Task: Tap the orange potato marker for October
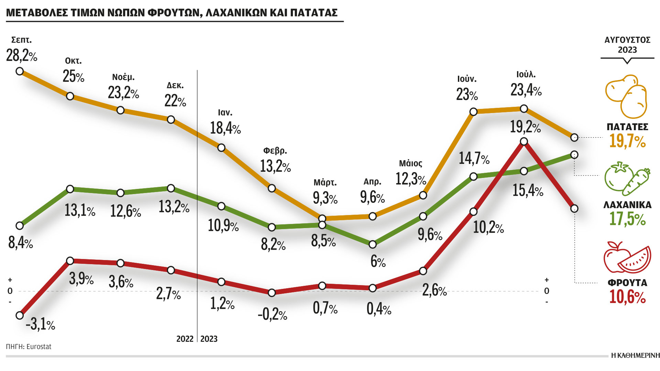(70, 96)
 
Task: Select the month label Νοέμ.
(123, 77)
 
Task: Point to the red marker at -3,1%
(20, 315)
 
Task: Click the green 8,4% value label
(20, 243)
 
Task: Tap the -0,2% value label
(272, 314)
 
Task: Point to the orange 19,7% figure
(627, 141)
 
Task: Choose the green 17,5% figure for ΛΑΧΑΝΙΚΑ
(627, 219)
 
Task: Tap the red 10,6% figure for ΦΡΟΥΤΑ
(627, 297)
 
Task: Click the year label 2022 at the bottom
(185, 339)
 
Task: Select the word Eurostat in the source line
(39, 347)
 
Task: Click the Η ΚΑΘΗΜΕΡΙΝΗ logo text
(635, 356)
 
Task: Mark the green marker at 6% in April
(373, 245)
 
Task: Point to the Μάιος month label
(410, 163)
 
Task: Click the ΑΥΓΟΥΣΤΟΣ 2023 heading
(627, 45)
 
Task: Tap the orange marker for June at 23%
(473, 112)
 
